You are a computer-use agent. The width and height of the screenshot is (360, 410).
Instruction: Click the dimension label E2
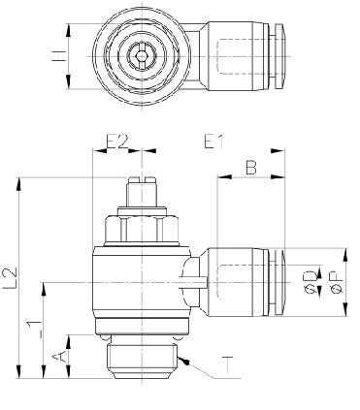[117, 142]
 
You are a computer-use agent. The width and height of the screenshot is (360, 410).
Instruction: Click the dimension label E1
[213, 142]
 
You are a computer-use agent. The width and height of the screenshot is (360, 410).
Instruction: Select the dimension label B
[251, 168]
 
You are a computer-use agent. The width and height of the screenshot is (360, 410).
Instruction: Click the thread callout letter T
[228, 365]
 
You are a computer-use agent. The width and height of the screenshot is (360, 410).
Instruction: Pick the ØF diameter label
[337, 283]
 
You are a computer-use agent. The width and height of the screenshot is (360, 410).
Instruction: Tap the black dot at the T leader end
[185, 363]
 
